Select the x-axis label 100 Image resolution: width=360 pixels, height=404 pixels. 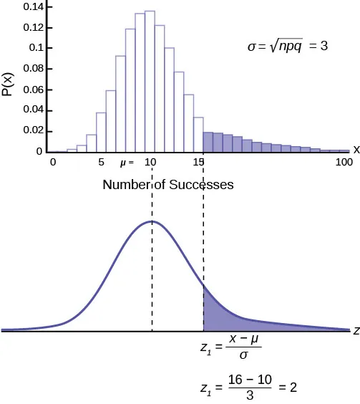[x=344, y=163]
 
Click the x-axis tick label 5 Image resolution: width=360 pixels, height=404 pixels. [x=101, y=163]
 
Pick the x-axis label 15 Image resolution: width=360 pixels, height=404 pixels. [x=199, y=163]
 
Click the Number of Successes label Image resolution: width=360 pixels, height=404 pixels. [x=168, y=185]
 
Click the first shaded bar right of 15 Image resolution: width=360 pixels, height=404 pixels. [x=208, y=142]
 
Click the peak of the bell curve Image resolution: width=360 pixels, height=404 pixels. [x=152, y=222]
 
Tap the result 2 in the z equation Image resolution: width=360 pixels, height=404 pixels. [x=292, y=387]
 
